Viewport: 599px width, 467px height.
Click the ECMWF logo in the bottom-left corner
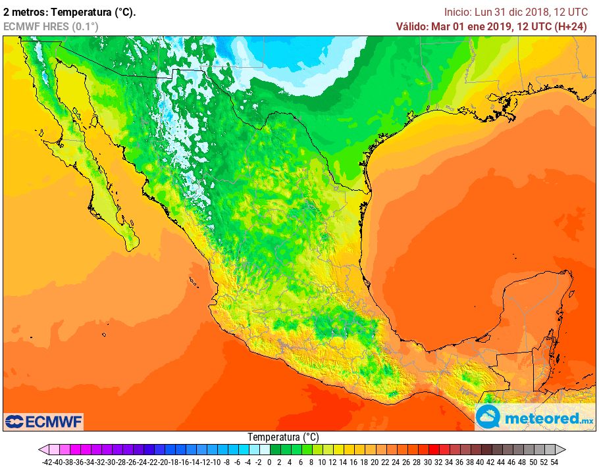click(43, 421)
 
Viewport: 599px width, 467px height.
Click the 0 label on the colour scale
click(269, 462)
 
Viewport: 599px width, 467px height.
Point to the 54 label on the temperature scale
click(554, 462)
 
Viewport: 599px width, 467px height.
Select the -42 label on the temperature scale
click(47, 462)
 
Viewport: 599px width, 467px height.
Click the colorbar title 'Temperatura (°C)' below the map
click(283, 437)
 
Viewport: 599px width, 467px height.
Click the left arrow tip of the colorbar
click(41, 450)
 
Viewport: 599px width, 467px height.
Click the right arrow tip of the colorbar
click(564, 450)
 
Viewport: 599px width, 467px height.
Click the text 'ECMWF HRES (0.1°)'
click(51, 26)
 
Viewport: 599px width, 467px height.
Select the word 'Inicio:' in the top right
click(457, 12)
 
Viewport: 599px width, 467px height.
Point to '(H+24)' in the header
click(570, 26)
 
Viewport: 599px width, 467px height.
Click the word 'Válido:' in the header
click(411, 26)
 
